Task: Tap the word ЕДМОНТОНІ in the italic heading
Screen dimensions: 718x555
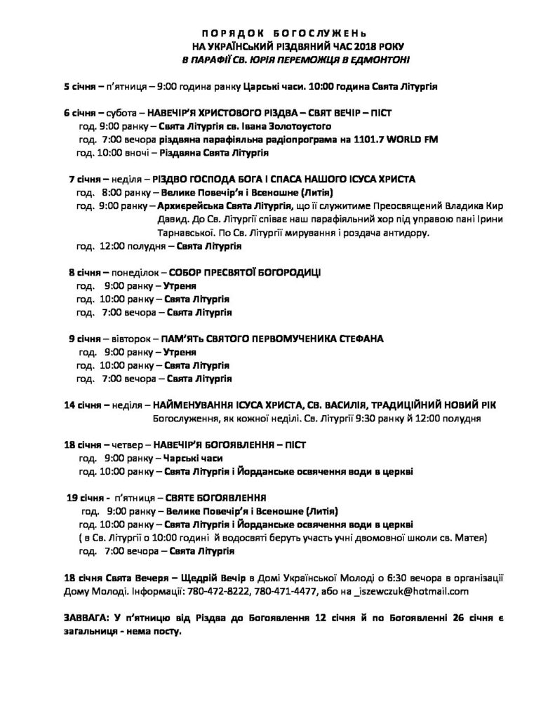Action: click(379, 60)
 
